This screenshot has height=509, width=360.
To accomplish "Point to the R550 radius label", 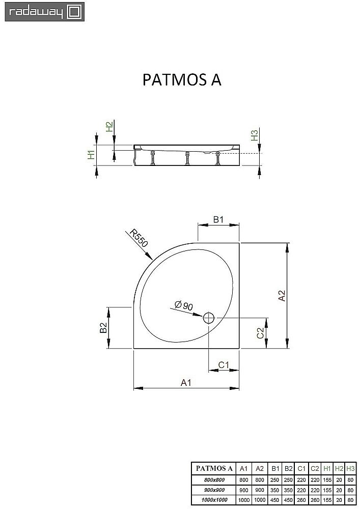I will point(139,238).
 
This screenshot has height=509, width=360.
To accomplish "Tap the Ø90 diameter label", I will point(183,305).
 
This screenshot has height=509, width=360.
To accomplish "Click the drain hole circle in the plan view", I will point(209,319).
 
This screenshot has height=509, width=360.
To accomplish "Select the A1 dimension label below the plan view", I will point(186,383).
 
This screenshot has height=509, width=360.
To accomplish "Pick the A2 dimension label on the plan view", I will point(282,296).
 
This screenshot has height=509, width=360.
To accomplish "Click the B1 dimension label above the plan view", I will point(218,220).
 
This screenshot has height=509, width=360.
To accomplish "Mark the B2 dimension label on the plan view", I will point(103,328).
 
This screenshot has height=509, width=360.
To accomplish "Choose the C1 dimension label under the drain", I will point(223,364).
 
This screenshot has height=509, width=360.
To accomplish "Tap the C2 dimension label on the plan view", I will point(260,333).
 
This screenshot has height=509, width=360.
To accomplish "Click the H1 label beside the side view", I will point(91,155).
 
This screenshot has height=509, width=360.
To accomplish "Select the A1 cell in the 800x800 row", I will point(244,479).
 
